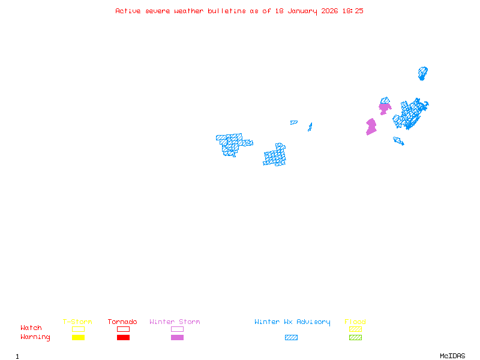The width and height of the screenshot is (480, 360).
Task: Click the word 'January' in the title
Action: [x=302, y=11]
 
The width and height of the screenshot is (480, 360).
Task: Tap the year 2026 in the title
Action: [x=329, y=11]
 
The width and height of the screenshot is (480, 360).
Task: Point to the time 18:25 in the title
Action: [x=353, y=11]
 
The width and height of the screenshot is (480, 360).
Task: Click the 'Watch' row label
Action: [x=31, y=328]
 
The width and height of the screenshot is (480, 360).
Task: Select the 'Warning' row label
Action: [x=35, y=337]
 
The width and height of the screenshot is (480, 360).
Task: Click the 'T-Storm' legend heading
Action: [x=77, y=322]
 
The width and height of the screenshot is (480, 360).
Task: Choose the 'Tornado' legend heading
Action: [x=122, y=322]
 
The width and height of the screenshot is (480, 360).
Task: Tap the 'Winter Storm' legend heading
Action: [x=175, y=322]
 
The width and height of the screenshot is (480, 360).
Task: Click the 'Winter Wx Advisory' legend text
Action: [x=292, y=322]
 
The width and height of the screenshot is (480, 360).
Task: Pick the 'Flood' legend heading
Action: [x=355, y=322]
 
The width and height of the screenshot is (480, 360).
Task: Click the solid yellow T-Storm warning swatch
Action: [x=79, y=337]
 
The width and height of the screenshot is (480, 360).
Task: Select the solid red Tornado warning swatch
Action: [x=124, y=337]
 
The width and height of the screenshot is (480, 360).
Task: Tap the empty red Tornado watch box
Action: [x=124, y=329]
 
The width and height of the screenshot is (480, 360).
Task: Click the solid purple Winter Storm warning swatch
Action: [x=177, y=337]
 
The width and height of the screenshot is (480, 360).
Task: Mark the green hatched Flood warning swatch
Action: [x=355, y=337]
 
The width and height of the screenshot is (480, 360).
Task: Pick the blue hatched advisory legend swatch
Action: [x=291, y=337]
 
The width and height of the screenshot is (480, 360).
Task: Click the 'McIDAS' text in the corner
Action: [x=452, y=356]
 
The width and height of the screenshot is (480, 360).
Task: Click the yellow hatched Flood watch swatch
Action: [x=355, y=329]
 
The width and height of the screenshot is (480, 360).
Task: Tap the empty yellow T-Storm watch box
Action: [x=79, y=329]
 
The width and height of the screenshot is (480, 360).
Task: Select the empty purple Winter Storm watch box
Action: [x=177, y=329]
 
